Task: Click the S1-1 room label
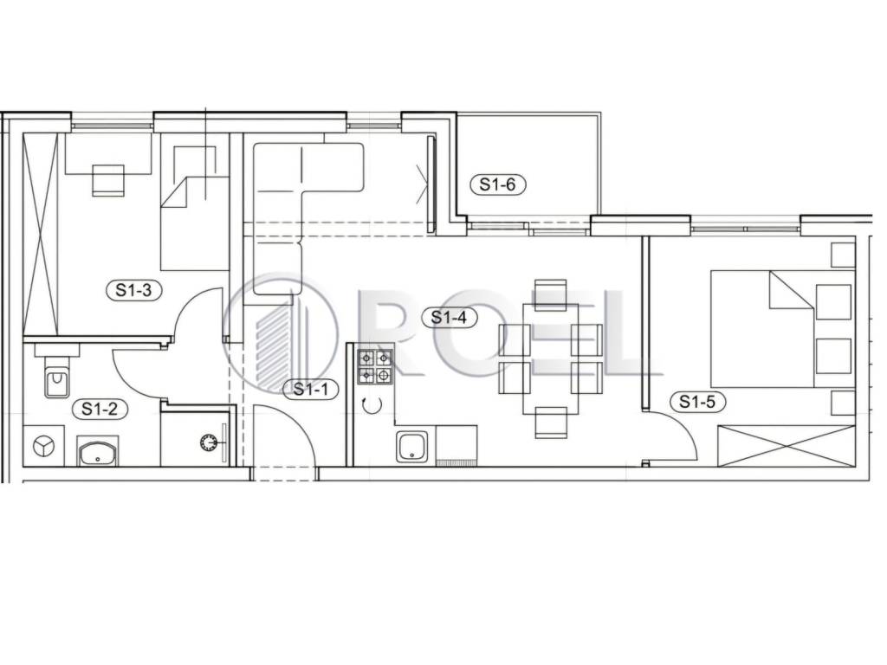[310, 389]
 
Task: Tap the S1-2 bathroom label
[100, 409]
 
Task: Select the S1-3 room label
[133, 290]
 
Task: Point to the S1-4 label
[450, 318]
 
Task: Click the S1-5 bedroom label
[697, 402]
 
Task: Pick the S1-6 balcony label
[498, 184]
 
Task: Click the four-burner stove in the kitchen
[374, 366]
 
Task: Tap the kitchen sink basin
[411, 447]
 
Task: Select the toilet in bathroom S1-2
[56, 376]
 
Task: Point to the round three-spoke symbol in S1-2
[43, 446]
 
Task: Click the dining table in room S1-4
[550, 358]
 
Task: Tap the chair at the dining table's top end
[550, 294]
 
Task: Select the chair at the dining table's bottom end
[551, 423]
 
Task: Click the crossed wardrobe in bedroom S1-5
[787, 446]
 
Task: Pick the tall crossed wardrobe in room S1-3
[41, 235]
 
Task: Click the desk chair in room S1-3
[108, 180]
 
